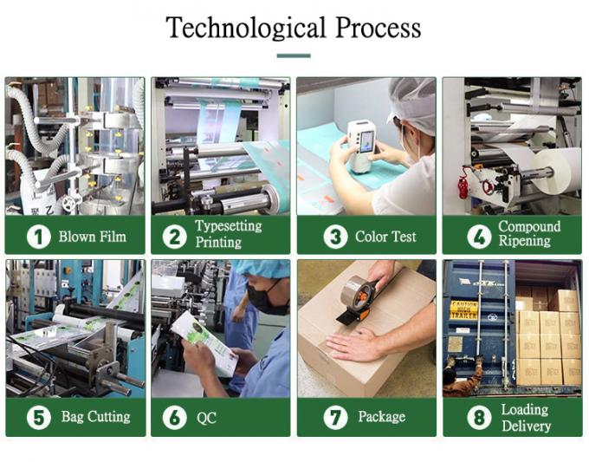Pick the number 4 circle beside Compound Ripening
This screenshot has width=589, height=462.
click(479, 236)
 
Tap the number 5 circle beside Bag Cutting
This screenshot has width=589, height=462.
click(38, 417)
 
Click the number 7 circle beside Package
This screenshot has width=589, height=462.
click(335, 417)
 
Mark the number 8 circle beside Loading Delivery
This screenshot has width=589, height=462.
click(479, 417)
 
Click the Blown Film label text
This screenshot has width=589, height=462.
click(92, 236)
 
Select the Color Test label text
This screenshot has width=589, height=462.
click(385, 236)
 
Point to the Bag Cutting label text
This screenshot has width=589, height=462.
click(95, 417)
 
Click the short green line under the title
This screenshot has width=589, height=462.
click(294, 55)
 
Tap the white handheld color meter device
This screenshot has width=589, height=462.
click(361, 143)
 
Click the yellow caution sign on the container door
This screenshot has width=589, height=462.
click(463, 309)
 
